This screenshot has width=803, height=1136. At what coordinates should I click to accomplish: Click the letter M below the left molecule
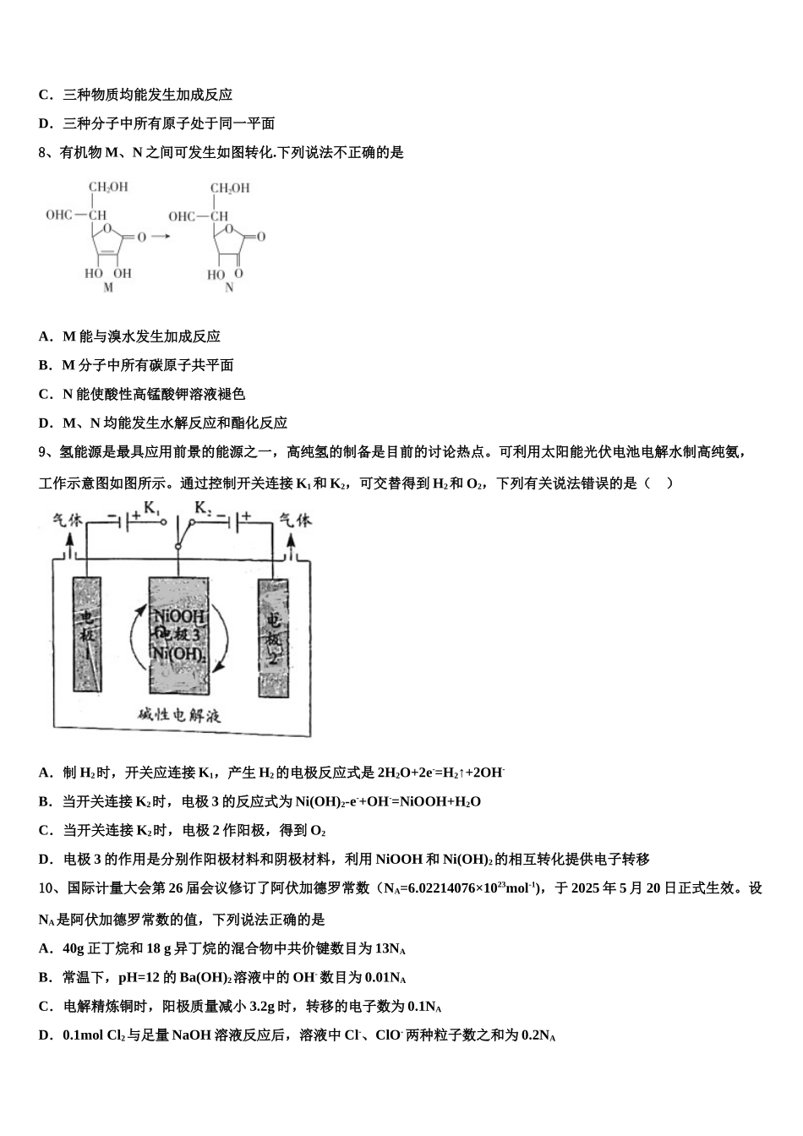pos(107,288)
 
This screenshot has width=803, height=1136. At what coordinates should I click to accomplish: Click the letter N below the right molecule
pos(229,288)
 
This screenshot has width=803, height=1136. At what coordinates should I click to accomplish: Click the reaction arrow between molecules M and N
pos(161,236)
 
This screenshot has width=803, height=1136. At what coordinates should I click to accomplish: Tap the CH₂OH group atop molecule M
pos(108,187)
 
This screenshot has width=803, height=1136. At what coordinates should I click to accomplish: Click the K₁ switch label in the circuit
pos(152,509)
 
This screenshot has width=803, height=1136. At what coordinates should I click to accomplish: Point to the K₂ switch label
pos(204,508)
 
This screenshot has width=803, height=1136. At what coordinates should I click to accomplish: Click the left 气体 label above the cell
pos(68,521)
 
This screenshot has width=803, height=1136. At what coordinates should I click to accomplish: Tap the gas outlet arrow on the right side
pos(292,549)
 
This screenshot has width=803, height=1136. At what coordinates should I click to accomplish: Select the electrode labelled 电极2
pos(272,638)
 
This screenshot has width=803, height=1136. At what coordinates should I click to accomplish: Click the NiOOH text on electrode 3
pos(179,617)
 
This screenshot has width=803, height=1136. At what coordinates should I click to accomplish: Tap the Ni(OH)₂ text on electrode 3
pos(178,653)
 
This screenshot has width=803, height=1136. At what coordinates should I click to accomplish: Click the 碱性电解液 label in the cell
pos(179,715)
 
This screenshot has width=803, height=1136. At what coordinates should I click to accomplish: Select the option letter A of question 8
pos(45,336)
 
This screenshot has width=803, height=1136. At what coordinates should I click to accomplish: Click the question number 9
pos(44,452)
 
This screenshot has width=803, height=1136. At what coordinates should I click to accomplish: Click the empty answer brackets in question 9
pos(658,483)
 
